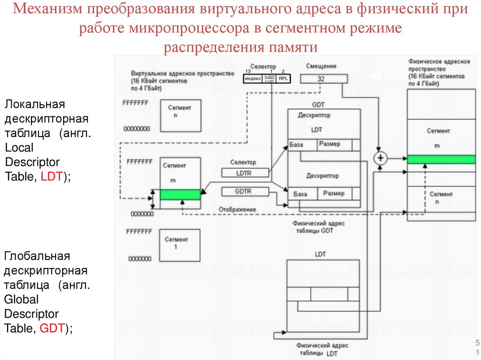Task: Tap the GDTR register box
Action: [x=243, y=191]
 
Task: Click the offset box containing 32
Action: [x=321, y=79]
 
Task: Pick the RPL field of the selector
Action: [x=283, y=79]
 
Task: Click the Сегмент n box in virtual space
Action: [x=180, y=115]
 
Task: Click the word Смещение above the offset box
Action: [x=321, y=67]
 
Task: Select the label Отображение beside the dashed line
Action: [x=237, y=209]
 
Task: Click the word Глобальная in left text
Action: [x=37, y=256]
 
